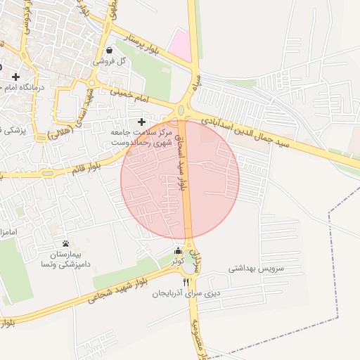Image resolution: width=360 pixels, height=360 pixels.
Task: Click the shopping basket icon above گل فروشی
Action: click(x=112, y=50)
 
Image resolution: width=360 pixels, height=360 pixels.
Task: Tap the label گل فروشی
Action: click(x=112, y=62)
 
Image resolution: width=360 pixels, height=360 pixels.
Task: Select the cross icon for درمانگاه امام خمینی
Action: click(x=15, y=76)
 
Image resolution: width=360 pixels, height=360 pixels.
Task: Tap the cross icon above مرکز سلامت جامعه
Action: click(x=142, y=122)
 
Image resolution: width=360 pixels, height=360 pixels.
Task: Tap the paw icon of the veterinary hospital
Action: click(x=66, y=243)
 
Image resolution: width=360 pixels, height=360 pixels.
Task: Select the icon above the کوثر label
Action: click(x=178, y=251)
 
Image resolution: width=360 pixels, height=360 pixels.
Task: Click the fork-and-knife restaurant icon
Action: click(x=186, y=282)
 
